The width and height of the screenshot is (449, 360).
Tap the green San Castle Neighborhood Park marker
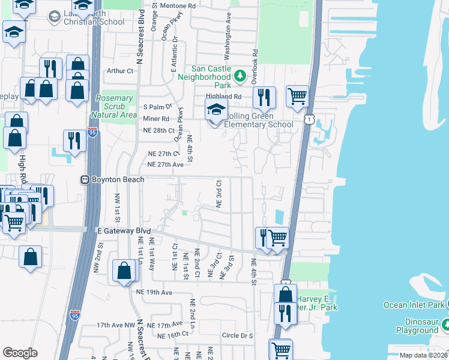click(240, 76)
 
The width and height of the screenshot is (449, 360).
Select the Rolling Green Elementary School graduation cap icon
click(216, 109)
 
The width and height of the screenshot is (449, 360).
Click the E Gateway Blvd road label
click(124, 230)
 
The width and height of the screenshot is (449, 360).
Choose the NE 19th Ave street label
click(154, 292)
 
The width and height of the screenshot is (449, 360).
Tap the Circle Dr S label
click(237, 335)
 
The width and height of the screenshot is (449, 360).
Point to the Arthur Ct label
click(119, 71)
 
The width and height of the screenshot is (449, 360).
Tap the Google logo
click(20, 353)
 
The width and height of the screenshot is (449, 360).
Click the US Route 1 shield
click(308, 121)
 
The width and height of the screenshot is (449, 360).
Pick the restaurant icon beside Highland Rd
click(264, 97)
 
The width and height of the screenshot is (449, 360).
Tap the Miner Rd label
click(156, 119)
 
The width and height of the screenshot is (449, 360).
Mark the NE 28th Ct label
click(158, 130)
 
